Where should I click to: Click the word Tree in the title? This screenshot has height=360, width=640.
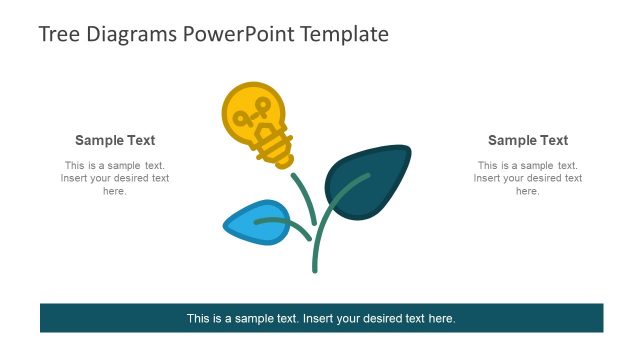click(x=58, y=34)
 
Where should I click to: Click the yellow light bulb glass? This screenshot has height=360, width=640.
click(x=245, y=110)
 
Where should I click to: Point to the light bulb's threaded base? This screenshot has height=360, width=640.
click(x=276, y=147)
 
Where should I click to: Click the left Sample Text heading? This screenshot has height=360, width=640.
click(x=115, y=141)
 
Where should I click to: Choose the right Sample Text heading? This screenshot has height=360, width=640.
click(x=528, y=141)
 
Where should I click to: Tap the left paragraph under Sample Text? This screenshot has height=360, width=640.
click(x=115, y=178)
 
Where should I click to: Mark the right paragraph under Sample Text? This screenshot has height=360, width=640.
click(x=528, y=178)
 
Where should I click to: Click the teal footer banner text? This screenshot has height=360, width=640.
click(x=321, y=319)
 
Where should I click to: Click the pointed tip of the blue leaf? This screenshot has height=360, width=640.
click(x=226, y=227)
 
